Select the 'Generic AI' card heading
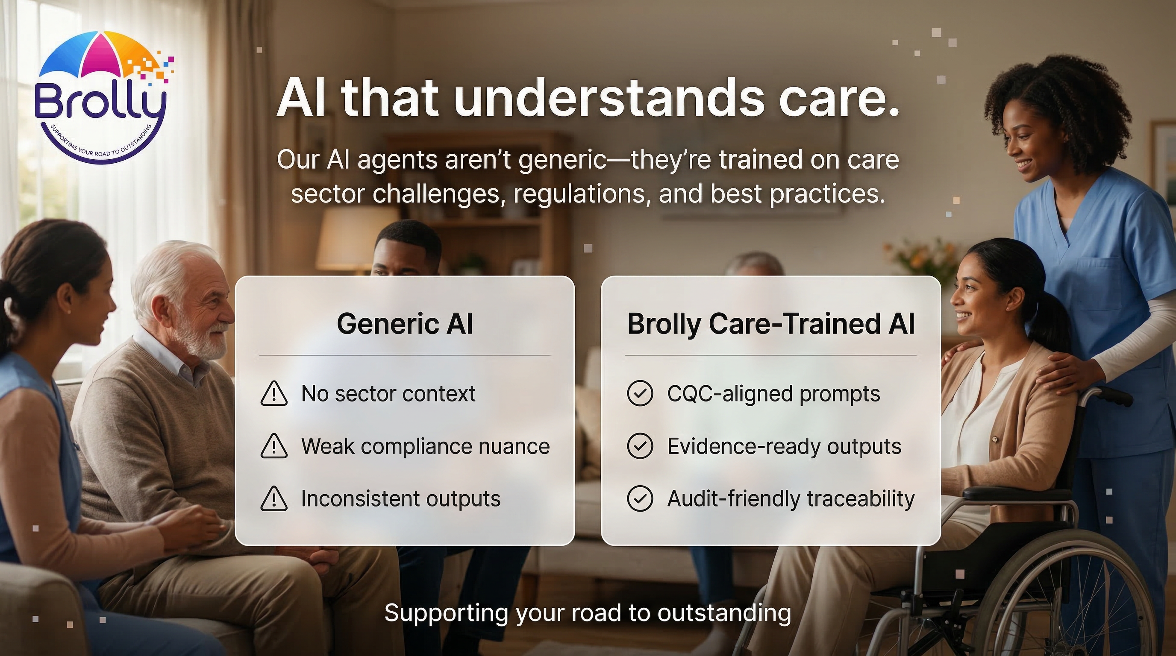coord(405,324)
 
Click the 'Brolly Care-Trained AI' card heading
coord(770,324)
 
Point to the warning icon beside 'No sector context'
coord(273,394)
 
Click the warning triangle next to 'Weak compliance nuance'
coord(273,446)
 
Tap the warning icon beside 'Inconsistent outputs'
coord(273,498)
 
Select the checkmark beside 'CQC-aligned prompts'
coord(640,394)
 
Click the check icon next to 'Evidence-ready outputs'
coord(640,446)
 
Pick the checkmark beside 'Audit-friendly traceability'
coord(640,498)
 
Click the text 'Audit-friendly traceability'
coord(791,498)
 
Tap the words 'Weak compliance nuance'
coord(426,446)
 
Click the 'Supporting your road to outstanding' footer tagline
coord(588,613)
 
